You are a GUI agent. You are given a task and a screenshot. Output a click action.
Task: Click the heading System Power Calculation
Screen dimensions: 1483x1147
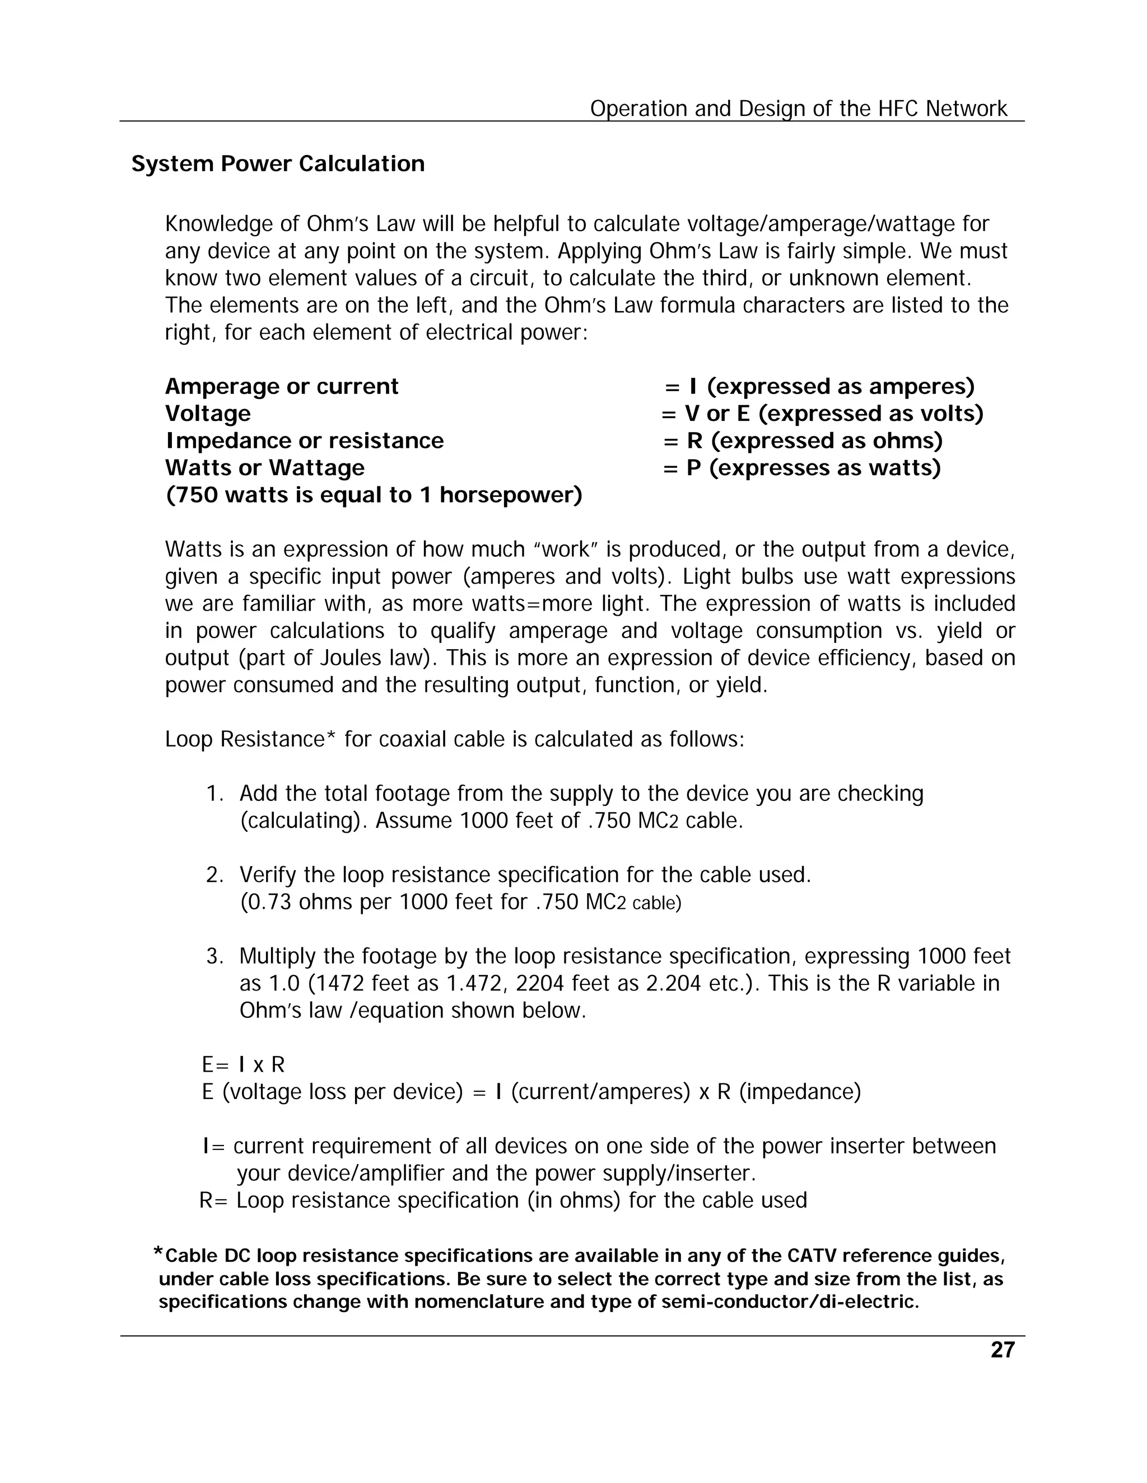tap(278, 163)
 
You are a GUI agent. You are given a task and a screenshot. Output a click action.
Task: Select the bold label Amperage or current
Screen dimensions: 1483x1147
tap(281, 386)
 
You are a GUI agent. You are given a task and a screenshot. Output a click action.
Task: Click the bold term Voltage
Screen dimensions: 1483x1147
tap(207, 414)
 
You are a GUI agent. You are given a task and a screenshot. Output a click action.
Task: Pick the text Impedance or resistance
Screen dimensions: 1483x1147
tap(305, 440)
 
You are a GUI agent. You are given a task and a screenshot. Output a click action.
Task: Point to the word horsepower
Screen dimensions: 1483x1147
tap(510, 495)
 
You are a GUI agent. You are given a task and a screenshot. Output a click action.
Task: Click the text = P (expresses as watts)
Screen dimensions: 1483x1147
tap(802, 468)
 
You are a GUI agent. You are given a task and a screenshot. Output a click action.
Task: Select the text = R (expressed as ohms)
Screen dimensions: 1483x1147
tap(803, 440)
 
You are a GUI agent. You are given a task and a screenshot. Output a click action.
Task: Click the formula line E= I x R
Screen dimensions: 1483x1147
tap(243, 1065)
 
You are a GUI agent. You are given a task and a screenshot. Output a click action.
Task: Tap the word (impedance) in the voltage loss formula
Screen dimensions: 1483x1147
tap(799, 1092)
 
